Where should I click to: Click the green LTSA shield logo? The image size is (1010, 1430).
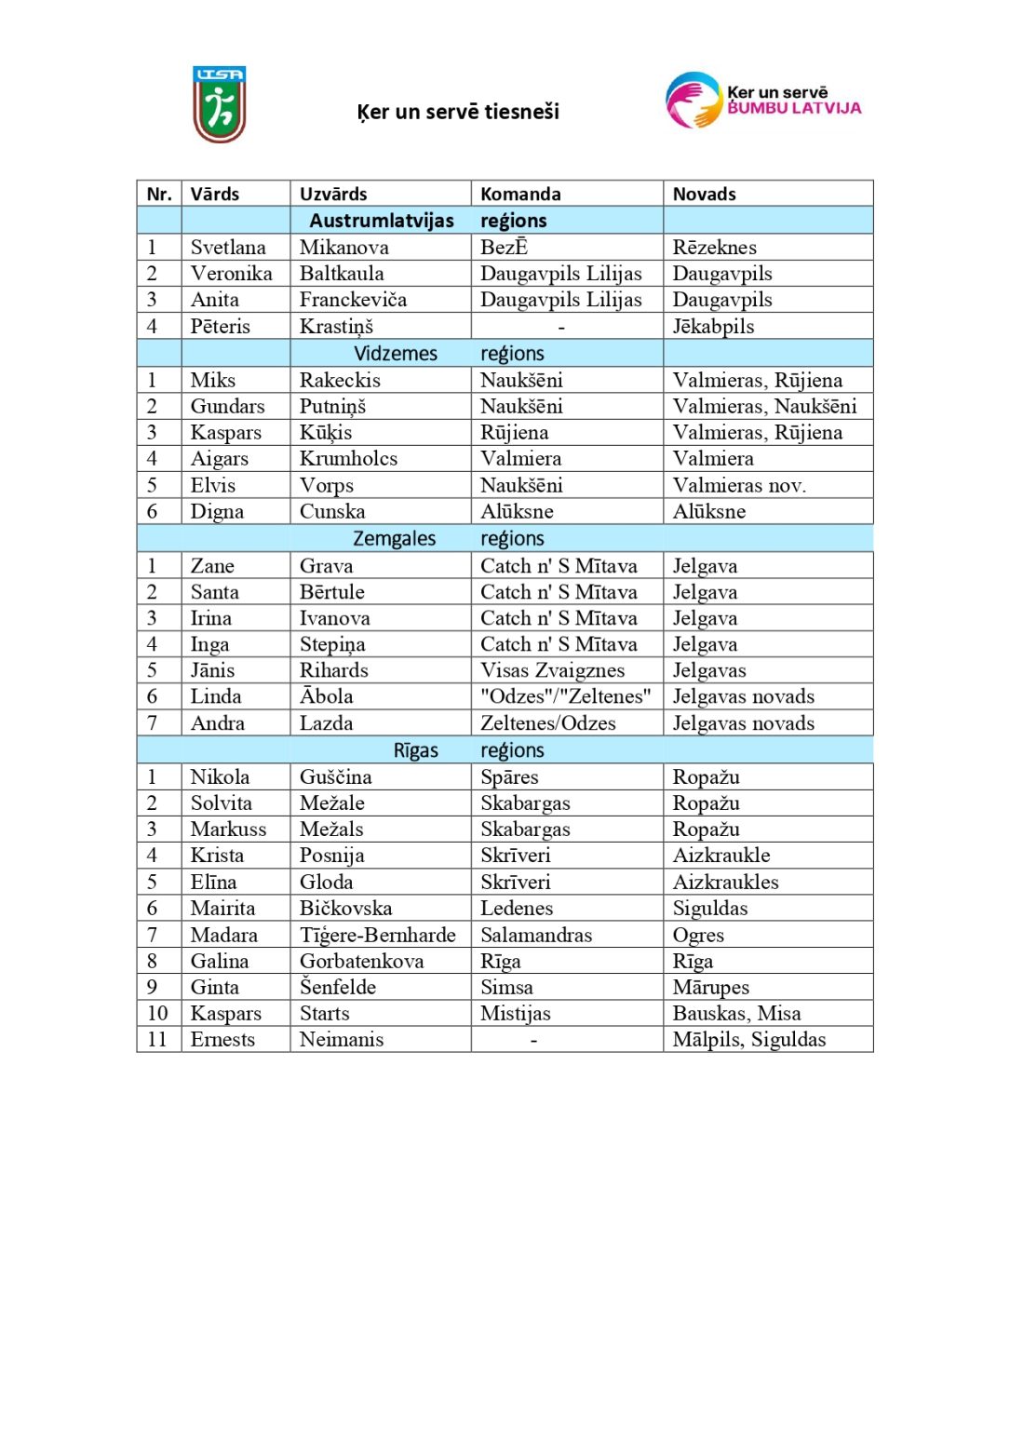pos(220,104)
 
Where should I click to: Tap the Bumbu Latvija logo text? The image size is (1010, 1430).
pos(793,101)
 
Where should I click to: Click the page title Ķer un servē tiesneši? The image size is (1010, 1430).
pos(458,113)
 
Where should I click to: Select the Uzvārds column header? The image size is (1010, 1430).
pos(333,195)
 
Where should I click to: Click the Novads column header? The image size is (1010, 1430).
pos(704,195)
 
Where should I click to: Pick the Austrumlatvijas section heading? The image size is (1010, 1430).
pos(382,221)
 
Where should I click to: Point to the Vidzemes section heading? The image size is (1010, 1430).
pos(396,354)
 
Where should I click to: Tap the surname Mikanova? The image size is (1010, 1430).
pos(344,248)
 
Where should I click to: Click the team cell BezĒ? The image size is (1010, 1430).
pos(505,248)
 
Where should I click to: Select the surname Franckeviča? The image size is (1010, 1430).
pos(353,300)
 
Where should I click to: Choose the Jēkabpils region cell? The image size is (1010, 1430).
pos(713,327)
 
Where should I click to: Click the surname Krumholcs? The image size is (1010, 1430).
pos(348,459)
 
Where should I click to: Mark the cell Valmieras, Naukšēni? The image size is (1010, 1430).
pos(764,407)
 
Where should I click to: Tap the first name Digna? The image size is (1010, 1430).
pos(217,512)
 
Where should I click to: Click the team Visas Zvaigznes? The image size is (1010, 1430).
pos(552,671)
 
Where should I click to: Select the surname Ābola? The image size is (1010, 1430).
pos(326,697)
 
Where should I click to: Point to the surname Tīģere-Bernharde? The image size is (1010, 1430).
pos(377,936)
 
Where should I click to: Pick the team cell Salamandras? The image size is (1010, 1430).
pos(536,936)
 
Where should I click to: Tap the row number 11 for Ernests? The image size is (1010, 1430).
pos(157,1040)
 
